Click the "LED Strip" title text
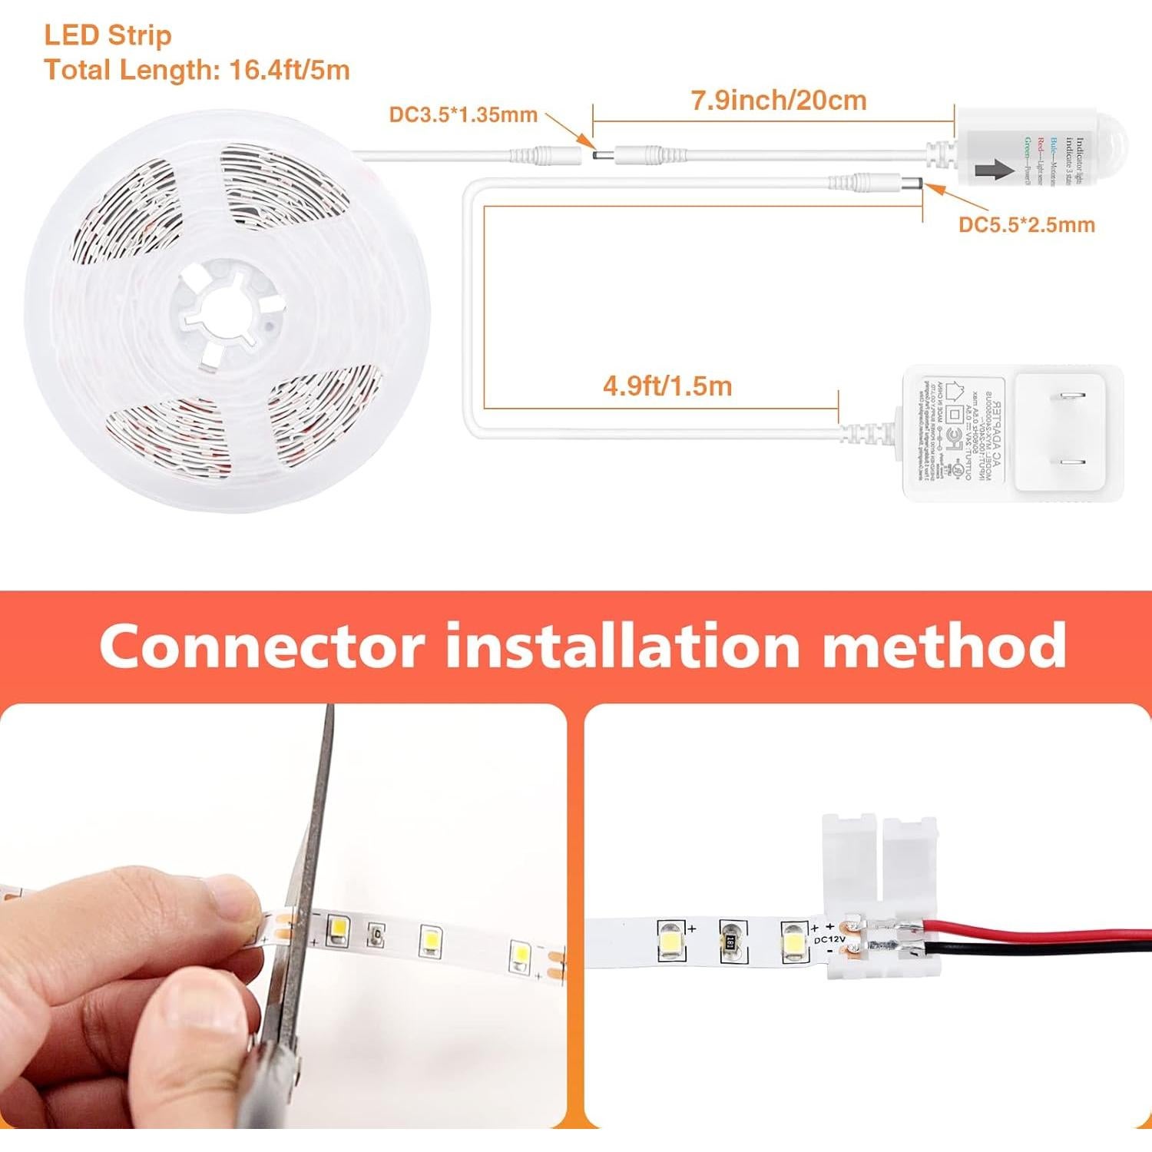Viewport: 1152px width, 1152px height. point(108,35)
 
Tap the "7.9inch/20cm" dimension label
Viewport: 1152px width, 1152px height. point(778,101)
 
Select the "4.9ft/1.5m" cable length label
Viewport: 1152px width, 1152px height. point(667,386)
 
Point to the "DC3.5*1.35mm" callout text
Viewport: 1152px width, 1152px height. point(462,115)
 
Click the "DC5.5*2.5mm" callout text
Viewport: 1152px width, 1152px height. point(1026,225)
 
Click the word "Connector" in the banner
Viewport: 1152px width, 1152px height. point(261,647)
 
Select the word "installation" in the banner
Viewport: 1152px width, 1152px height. point(623,647)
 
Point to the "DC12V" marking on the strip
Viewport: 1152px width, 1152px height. point(829,939)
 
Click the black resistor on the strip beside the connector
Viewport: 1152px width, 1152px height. point(730,941)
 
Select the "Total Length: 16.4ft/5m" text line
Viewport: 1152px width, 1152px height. point(197,70)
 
